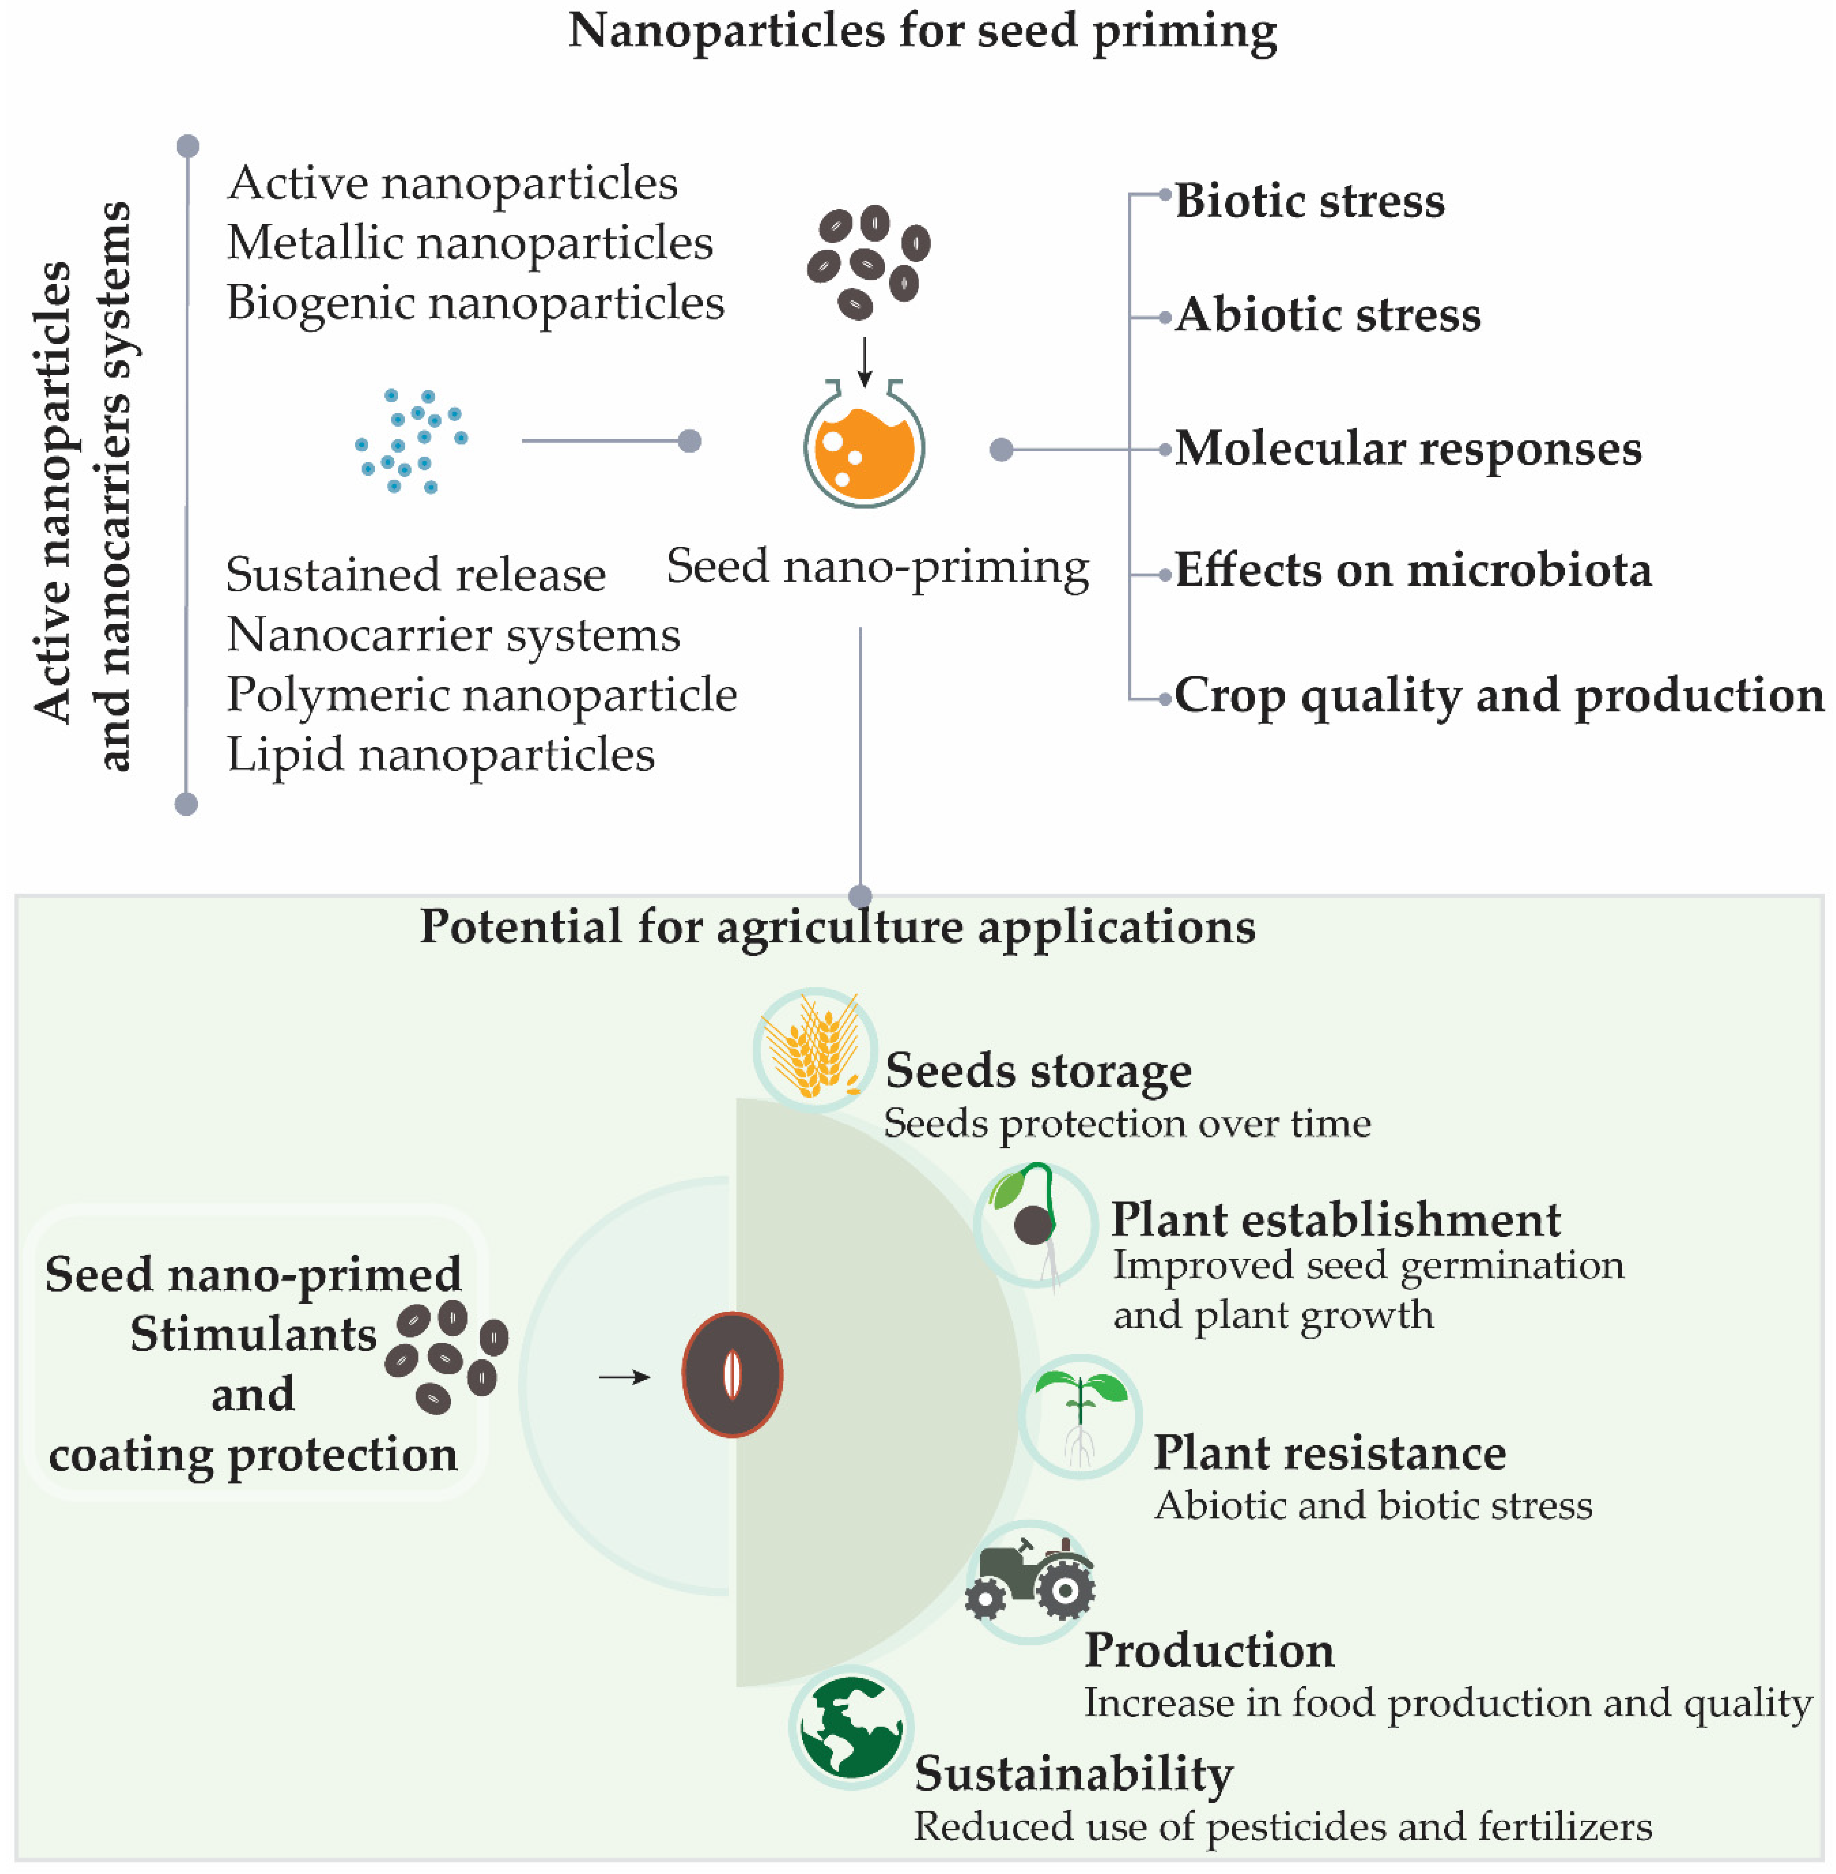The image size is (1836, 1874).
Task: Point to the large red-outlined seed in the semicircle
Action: pos(732,1374)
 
